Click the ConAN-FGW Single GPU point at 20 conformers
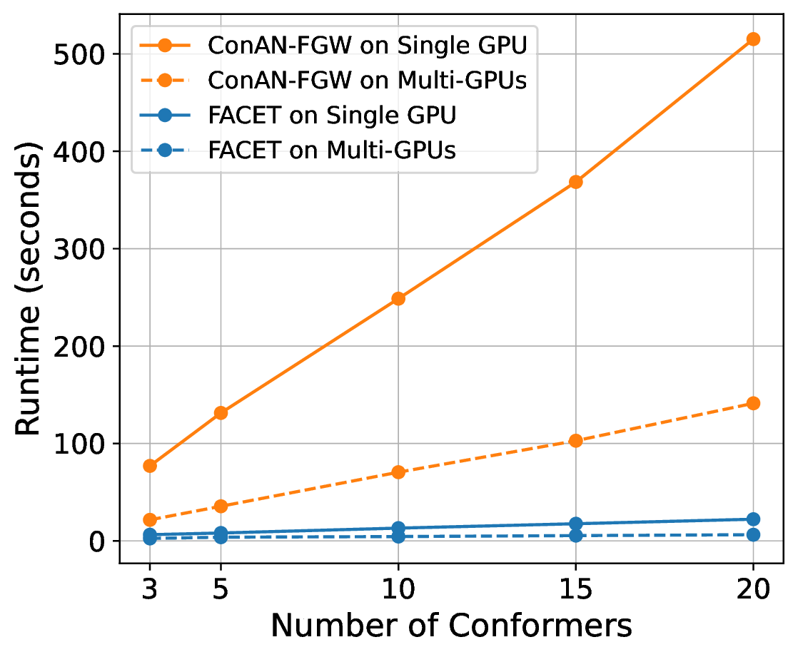coord(753,39)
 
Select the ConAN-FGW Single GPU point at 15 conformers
coord(575,182)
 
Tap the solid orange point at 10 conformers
coord(398,298)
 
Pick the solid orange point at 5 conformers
coord(221,412)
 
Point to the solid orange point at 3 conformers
coord(150,466)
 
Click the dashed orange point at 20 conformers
coord(753,403)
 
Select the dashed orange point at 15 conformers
coord(575,440)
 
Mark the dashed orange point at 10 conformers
coord(398,472)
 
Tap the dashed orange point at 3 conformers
coord(150,520)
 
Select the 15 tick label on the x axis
coord(575,589)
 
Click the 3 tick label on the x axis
coord(150,589)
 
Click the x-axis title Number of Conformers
coord(451,625)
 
